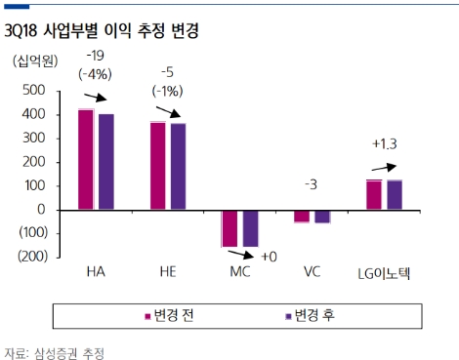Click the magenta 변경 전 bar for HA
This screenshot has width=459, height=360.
[x=86, y=159]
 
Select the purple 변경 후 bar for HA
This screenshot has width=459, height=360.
[x=105, y=162]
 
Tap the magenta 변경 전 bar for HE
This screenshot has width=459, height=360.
[x=157, y=165]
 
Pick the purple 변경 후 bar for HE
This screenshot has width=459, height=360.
[x=178, y=166]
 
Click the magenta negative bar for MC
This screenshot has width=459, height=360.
[x=229, y=227]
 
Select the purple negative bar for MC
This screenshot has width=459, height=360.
[x=250, y=227]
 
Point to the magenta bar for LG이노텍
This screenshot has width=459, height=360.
[x=373, y=194]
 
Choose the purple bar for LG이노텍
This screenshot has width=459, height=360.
[x=394, y=194]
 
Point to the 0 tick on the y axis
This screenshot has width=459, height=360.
[x=41, y=210]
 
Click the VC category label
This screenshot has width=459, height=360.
[x=312, y=272]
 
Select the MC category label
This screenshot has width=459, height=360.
[x=240, y=272]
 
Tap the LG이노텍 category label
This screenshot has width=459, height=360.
[x=384, y=272]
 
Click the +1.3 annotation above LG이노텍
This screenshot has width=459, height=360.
[x=384, y=144]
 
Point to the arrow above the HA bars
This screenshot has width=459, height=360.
[x=97, y=99]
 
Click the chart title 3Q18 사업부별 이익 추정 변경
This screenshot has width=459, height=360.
[x=102, y=31]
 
